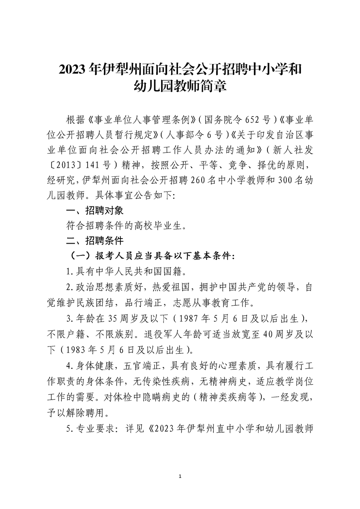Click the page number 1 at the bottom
(x=181, y=476)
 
